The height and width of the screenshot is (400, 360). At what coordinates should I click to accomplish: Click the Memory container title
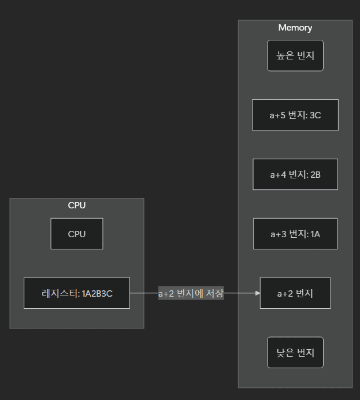click(x=295, y=28)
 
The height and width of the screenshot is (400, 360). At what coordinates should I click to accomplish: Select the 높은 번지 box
click(x=295, y=55)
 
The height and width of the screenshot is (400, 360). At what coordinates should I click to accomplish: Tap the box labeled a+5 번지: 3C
click(x=295, y=115)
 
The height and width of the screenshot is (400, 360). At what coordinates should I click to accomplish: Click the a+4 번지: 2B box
click(x=295, y=174)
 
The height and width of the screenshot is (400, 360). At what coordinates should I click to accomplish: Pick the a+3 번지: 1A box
click(x=295, y=234)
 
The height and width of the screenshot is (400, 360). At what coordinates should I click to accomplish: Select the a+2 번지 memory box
click(x=295, y=293)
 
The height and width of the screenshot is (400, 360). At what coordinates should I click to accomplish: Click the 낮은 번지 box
click(x=295, y=352)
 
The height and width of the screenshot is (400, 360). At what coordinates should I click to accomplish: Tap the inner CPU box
click(x=76, y=234)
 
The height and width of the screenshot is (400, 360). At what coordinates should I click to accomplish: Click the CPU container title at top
click(x=76, y=205)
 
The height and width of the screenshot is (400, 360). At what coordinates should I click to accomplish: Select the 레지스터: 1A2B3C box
click(x=76, y=293)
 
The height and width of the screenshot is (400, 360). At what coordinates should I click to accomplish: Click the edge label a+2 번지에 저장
click(x=191, y=293)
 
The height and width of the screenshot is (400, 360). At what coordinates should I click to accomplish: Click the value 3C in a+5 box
click(x=315, y=115)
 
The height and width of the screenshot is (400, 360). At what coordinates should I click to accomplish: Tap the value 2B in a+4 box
click(x=315, y=174)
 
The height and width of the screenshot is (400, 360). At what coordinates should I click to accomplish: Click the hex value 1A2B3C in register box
click(x=97, y=294)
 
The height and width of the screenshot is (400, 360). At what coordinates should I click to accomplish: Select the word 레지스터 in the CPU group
click(x=60, y=294)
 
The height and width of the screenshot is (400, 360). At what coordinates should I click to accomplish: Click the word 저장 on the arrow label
click(x=214, y=293)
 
